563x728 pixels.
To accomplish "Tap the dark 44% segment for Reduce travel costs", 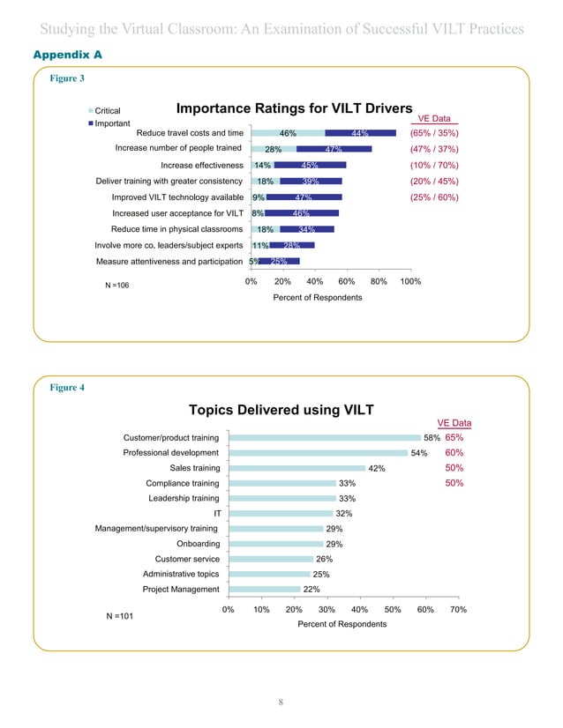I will pyautogui.click(x=359, y=133).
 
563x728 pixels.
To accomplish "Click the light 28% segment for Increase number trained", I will pyautogui.click(x=274, y=149).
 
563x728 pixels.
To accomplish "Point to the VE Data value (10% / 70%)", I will pyautogui.click(x=434, y=165).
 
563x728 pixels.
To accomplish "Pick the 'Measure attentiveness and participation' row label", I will pyautogui.click(x=169, y=261).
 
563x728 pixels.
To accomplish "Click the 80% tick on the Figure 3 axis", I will pyautogui.click(x=379, y=282).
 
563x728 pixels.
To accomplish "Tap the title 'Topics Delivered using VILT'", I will pyautogui.click(x=281, y=410).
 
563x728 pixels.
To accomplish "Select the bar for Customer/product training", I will pyautogui.click(x=324, y=437).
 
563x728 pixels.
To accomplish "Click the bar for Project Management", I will pyautogui.click(x=264, y=590).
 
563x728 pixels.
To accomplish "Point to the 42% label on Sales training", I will pyautogui.click(x=377, y=468).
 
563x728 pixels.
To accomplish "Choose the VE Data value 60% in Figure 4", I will pyautogui.click(x=454, y=452).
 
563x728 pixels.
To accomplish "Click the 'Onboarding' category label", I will pyautogui.click(x=199, y=544).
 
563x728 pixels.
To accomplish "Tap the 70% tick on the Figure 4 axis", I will pyautogui.click(x=458, y=609).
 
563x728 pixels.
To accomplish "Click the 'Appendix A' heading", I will pyautogui.click(x=67, y=55).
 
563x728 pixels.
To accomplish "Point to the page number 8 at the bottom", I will pyautogui.click(x=280, y=702).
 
